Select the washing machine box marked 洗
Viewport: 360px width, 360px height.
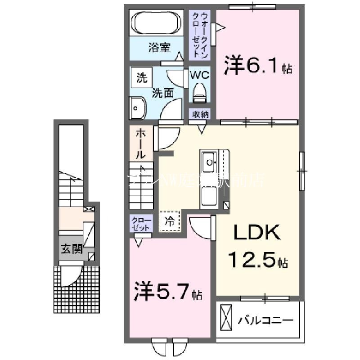[141, 78]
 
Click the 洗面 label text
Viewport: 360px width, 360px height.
[162, 93]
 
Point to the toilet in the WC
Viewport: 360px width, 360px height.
[199, 95]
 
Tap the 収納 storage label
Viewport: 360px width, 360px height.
[201, 114]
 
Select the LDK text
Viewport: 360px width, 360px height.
[257, 233]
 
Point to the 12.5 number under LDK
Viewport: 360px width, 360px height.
[252, 260]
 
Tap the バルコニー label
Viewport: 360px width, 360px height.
[265, 321]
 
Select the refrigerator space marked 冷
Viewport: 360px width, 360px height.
[170, 221]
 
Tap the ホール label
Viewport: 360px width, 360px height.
[140, 144]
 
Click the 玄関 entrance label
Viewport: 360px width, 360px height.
[72, 249]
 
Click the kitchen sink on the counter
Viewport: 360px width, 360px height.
[209, 159]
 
